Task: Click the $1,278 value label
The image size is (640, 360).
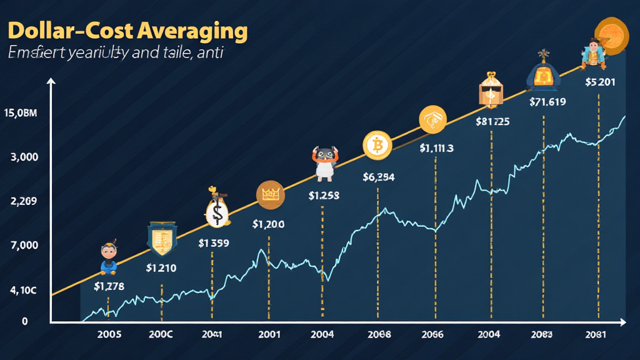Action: tap(109, 286)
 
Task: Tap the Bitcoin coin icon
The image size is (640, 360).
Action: tap(377, 146)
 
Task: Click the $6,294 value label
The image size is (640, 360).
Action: tap(378, 177)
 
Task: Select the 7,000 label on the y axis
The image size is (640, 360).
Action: tap(25, 246)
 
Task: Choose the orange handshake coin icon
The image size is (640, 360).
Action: tap(432, 119)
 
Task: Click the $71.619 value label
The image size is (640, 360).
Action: tap(547, 102)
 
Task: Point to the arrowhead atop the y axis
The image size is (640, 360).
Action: tap(51, 81)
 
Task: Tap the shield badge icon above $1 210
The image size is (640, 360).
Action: tap(161, 237)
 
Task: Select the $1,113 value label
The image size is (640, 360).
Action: tap(436, 148)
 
